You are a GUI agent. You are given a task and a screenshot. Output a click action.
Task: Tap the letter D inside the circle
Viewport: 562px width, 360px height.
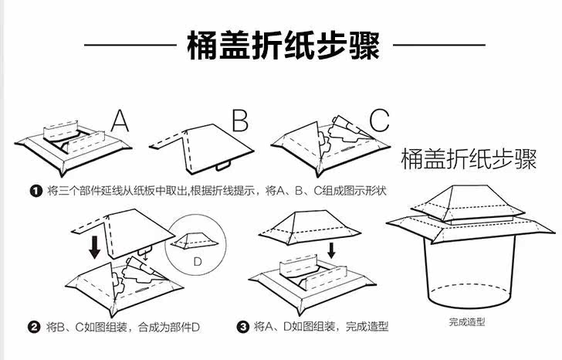click(x=198, y=262)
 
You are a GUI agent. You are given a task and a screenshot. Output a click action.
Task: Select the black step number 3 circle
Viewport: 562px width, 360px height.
click(x=244, y=327)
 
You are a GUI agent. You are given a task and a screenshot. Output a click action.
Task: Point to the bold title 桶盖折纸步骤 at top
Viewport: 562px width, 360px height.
click(x=283, y=46)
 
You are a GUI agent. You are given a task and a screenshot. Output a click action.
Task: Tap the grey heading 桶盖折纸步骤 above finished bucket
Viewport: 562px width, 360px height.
click(x=469, y=160)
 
